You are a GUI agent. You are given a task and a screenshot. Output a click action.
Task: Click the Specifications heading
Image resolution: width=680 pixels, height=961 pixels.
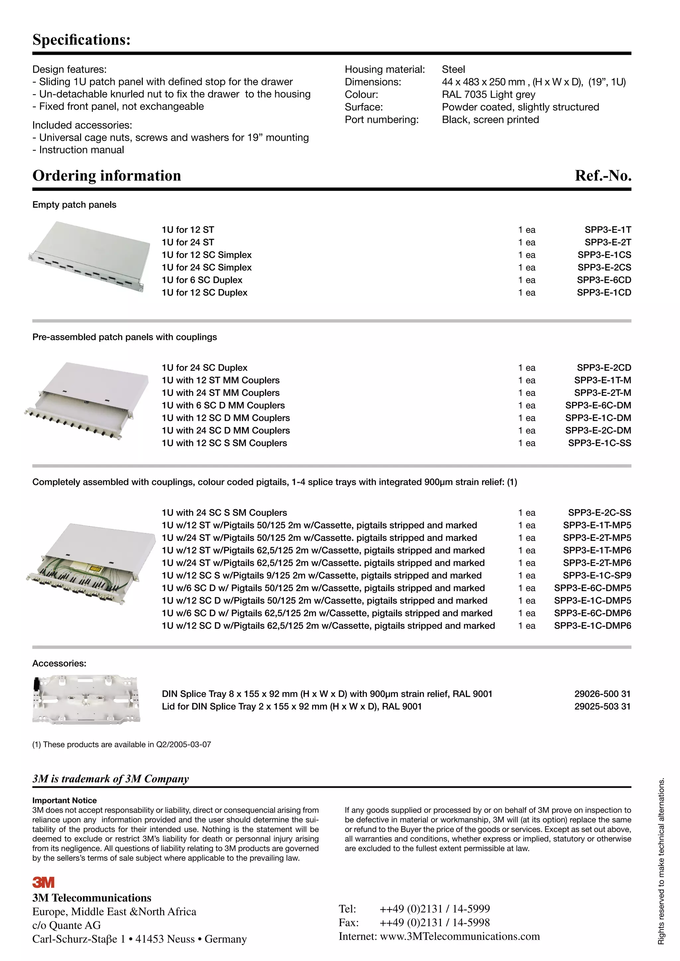[x=82, y=40]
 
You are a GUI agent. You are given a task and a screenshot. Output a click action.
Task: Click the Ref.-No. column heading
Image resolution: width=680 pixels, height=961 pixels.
[x=603, y=175]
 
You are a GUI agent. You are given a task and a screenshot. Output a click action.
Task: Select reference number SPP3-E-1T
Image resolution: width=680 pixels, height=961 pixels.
[x=608, y=230]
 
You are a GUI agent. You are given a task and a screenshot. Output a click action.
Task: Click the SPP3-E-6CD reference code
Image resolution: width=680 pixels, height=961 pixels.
[x=604, y=280]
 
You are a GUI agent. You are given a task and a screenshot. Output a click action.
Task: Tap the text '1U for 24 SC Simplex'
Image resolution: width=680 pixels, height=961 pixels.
[x=207, y=267]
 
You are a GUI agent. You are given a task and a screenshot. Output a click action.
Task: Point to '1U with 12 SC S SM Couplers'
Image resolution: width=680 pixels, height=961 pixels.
[x=224, y=443]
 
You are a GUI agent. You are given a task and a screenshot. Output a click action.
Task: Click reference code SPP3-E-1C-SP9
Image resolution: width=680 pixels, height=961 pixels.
[x=597, y=575]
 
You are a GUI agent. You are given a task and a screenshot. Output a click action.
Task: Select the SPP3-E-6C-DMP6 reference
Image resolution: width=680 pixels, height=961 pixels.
[x=592, y=613]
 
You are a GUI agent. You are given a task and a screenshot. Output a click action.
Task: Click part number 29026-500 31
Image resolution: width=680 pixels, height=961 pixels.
[x=602, y=694]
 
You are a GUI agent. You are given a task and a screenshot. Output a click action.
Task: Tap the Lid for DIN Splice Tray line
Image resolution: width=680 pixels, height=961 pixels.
[x=292, y=706]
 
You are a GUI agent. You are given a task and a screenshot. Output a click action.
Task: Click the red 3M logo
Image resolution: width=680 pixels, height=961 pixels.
[x=43, y=882]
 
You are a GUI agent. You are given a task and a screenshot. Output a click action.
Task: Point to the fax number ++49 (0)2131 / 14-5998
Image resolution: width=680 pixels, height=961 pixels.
[x=434, y=923]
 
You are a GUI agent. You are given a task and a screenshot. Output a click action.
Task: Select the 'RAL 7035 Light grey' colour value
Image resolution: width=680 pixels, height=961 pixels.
[x=488, y=95]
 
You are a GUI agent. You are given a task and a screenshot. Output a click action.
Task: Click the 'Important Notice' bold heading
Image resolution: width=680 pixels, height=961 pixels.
[x=64, y=800]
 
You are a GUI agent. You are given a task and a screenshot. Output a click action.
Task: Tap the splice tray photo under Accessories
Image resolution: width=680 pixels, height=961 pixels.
[x=86, y=700]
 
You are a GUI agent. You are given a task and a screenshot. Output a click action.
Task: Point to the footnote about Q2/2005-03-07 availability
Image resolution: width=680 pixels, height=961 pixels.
[x=122, y=745]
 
